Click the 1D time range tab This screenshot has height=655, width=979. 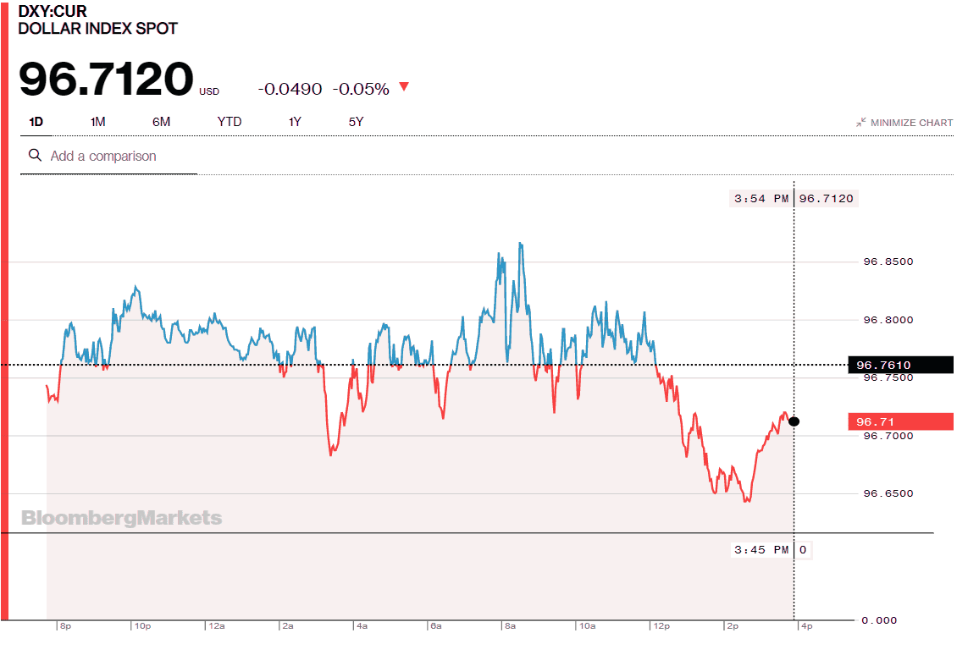coord(36,122)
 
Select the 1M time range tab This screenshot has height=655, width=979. coord(97,122)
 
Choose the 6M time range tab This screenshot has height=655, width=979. coord(161,122)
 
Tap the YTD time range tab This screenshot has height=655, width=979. coord(229,122)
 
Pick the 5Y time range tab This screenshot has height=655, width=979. coord(356,122)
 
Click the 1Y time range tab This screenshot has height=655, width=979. coord(295,122)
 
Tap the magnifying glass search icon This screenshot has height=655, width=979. coord(35,156)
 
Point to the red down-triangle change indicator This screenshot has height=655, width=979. coord(404,87)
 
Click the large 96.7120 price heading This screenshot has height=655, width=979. coord(106,79)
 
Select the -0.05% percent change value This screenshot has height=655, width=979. coord(360,89)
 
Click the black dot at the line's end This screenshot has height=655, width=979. coord(794,421)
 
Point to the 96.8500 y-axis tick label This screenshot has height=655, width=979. coord(888,261)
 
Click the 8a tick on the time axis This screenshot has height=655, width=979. coord(510,626)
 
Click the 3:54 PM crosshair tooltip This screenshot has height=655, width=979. coord(793,198)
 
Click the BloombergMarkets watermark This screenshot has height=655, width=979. coord(121,518)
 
